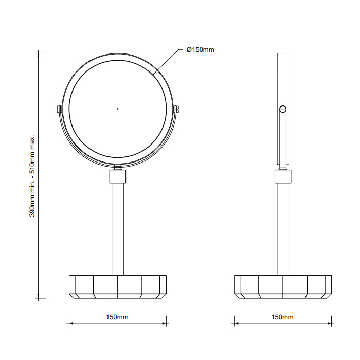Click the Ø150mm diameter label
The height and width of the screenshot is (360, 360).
pyautogui.click(x=200, y=50)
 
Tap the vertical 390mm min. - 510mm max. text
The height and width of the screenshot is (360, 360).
pyautogui.click(x=32, y=176)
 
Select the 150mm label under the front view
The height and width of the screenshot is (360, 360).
pyautogui.click(x=118, y=317)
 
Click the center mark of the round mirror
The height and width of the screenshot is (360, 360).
pyautogui.click(x=118, y=109)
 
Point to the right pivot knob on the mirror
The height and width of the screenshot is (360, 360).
pyautogui.click(x=177, y=109)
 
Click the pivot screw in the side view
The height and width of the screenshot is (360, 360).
pyautogui.click(x=282, y=109)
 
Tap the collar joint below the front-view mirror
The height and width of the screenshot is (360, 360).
pyautogui.click(x=118, y=177)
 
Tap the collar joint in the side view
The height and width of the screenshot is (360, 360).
pyautogui.click(x=283, y=177)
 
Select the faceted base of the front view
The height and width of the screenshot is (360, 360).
pyautogui.click(x=118, y=286)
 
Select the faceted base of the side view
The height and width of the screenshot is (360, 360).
pyautogui.click(x=283, y=286)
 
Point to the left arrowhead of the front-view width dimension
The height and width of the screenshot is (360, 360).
pyautogui.click(x=71, y=323)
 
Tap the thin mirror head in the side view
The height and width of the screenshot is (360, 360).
pyautogui.click(x=283, y=82)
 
